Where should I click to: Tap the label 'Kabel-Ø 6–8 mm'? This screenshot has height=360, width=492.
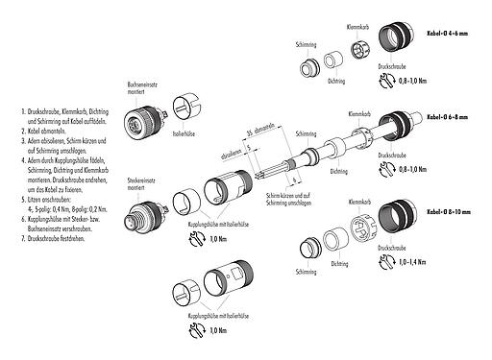click(x=450, y=114)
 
